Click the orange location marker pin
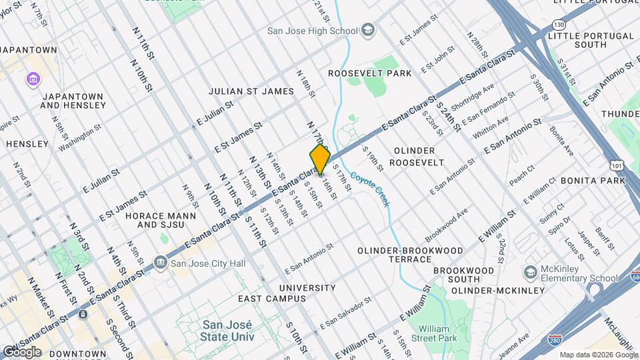pos(320,159)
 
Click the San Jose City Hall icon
pos(161,263)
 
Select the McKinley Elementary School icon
pos(531,272)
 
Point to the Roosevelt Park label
pos(370,73)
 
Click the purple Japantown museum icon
pos(32,80)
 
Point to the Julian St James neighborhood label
pos(251,91)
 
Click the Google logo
pos(21,351)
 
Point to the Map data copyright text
pos(598,355)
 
